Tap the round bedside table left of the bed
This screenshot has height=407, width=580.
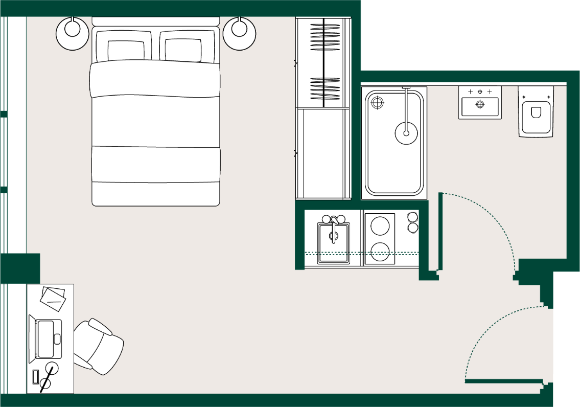click(x=72, y=33)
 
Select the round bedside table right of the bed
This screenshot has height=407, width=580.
click(x=239, y=33)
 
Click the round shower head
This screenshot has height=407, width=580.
click(x=406, y=133)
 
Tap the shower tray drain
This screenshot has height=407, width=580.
click(x=377, y=103)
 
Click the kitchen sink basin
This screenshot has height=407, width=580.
click(x=334, y=239)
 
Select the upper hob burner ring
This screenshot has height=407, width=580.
click(x=380, y=225)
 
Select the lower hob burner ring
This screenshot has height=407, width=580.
click(x=380, y=252)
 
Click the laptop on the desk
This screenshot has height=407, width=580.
click(x=46, y=338)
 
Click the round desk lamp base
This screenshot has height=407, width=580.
click(x=52, y=368)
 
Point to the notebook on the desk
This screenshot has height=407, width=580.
click(x=53, y=299)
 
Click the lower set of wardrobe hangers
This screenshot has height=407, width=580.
click(x=324, y=88)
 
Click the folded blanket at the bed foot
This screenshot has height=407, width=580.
click(x=156, y=164)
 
